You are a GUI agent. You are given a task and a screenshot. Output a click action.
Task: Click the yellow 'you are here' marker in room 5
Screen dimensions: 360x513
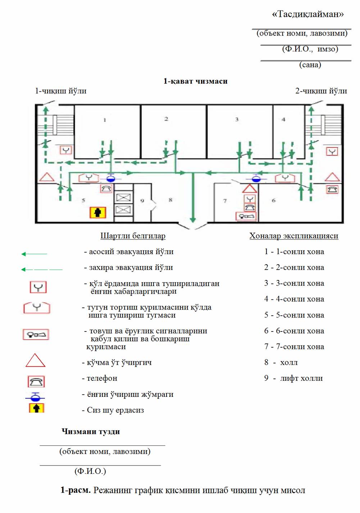click(98, 212)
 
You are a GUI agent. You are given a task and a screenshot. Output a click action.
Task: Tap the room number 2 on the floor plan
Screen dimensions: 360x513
click(166, 119)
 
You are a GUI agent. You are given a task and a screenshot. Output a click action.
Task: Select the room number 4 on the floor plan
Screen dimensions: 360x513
click(283, 119)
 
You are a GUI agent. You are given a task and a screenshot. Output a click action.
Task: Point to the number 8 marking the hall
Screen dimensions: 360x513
click(170, 200)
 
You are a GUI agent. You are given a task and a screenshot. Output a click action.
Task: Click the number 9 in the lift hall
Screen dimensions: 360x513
click(142, 201)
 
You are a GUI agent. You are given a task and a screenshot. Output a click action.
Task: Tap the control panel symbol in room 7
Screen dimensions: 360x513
click(246, 216)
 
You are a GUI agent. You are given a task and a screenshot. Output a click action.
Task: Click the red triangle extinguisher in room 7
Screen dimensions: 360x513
click(250, 189)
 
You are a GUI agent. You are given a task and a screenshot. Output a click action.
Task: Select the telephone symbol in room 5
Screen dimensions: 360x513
click(106, 188)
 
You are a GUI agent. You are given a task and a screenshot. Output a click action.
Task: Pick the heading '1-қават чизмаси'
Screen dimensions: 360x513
click(196, 81)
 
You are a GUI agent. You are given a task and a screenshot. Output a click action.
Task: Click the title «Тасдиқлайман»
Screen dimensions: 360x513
click(308, 14)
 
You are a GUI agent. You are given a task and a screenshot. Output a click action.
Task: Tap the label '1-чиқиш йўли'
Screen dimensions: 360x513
click(61, 91)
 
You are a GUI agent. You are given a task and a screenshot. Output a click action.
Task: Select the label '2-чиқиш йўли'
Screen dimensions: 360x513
click(321, 91)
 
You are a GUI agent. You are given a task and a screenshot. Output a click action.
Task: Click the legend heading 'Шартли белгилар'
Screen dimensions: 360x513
click(133, 236)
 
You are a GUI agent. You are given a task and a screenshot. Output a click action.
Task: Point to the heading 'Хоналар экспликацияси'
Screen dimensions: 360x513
click(294, 236)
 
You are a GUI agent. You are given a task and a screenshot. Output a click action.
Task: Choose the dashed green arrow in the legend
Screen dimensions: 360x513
click(42, 270)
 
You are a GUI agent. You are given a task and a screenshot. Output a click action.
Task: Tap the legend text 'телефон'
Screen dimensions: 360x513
click(102, 378)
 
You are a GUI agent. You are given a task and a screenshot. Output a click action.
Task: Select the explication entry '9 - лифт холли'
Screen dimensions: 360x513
click(293, 378)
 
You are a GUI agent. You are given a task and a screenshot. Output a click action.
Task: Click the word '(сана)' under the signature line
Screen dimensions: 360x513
click(310, 65)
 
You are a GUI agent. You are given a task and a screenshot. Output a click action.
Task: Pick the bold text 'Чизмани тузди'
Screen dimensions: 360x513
click(91, 431)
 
